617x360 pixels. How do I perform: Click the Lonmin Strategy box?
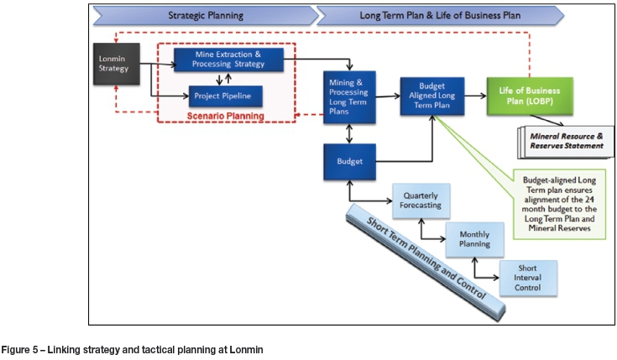(x=112, y=63)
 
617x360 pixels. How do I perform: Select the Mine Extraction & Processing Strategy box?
(x=228, y=59)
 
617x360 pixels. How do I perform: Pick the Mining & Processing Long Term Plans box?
(x=348, y=97)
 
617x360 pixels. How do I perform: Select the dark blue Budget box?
(x=348, y=161)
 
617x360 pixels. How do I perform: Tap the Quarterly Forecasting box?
(x=421, y=202)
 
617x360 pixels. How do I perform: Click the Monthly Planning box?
(x=474, y=242)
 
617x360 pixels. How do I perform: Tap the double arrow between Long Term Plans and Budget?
(x=348, y=133)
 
